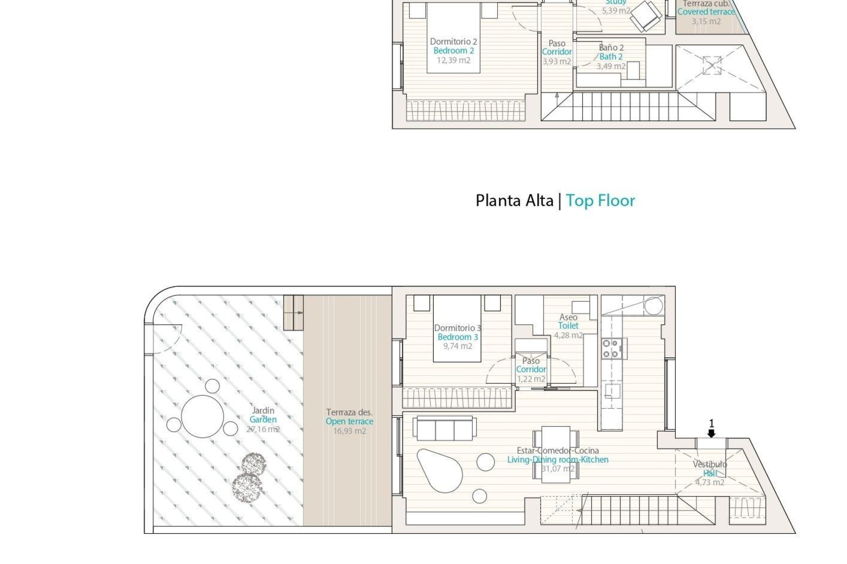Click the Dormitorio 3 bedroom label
(x=457, y=333)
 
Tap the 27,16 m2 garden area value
(x=263, y=429)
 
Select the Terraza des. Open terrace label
(x=349, y=417)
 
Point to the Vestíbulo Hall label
(x=710, y=469)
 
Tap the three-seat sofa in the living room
(x=444, y=428)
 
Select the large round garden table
(x=202, y=416)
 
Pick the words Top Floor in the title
(x=600, y=200)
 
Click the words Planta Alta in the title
(x=514, y=200)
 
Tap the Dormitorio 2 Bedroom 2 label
(x=453, y=46)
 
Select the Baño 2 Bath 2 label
(x=611, y=52)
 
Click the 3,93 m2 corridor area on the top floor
(x=557, y=61)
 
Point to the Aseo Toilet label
(x=568, y=322)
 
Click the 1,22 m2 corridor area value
(x=531, y=379)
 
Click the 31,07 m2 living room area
(x=558, y=469)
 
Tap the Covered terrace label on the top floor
(x=706, y=12)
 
